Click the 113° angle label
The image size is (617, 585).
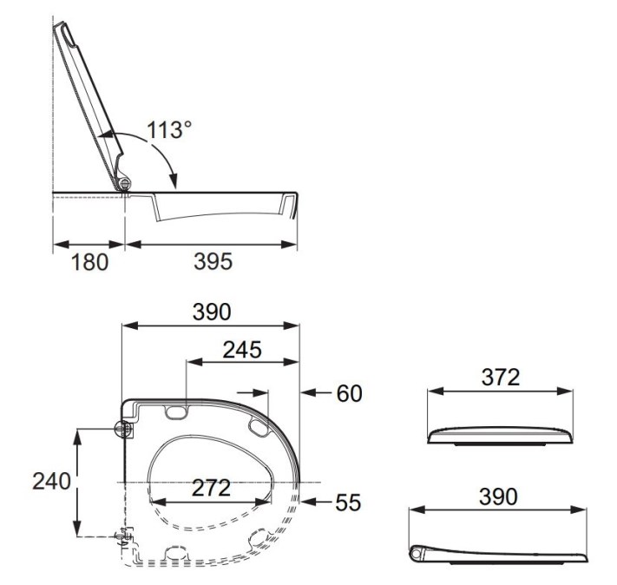pyautogui.click(x=169, y=129)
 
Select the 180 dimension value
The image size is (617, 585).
pyautogui.click(x=89, y=262)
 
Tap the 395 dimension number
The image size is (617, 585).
pyautogui.click(x=213, y=261)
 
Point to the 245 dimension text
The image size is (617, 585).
pyautogui.click(x=242, y=350)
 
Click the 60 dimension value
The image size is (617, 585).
pyautogui.click(x=349, y=393)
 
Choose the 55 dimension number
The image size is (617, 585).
pyautogui.click(x=348, y=503)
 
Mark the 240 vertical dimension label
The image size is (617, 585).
pyautogui.click(x=51, y=481)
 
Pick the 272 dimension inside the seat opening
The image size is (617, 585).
pyautogui.click(x=211, y=488)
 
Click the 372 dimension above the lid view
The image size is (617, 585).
pyautogui.click(x=501, y=378)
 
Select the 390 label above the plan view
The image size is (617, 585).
pyautogui.click(x=212, y=312)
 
